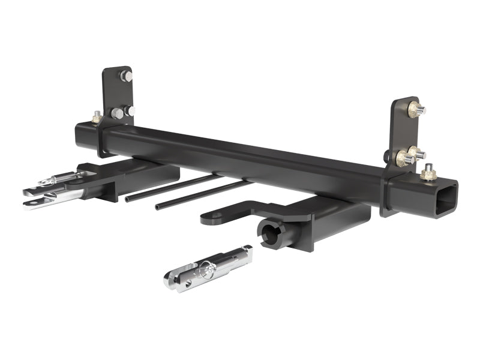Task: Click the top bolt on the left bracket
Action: (x=127, y=76)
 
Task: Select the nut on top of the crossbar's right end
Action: (x=428, y=173)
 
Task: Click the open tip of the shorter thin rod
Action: (x=158, y=208)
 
